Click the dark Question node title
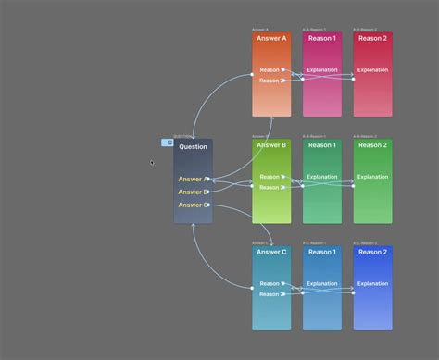tap(193, 147)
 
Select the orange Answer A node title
tap(271, 39)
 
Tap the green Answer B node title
tap(271, 145)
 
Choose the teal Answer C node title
tap(271, 252)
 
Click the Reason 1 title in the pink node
tap(322, 39)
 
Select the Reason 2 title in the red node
tap(373, 39)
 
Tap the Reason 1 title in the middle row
tap(322, 145)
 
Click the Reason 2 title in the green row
tap(373, 145)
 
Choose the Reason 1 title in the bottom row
tap(322, 252)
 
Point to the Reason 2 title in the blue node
tap(373, 252)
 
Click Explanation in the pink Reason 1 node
tap(322, 70)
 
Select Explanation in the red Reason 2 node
tap(373, 70)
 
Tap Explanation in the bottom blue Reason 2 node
tap(373, 284)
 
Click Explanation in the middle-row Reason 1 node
tap(322, 177)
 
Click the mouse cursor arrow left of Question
tap(153, 163)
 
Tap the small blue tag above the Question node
tap(168, 143)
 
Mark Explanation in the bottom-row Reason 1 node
tap(322, 284)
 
